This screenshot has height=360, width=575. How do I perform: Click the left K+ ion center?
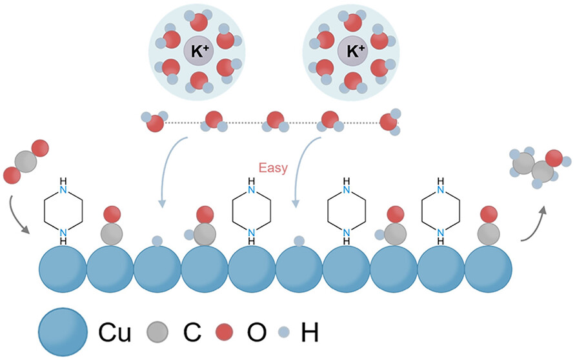(197, 51)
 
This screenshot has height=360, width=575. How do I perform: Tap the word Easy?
(272, 169)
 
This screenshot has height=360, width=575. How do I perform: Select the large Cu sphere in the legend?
(63, 333)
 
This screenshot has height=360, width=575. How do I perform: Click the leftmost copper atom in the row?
(63, 269)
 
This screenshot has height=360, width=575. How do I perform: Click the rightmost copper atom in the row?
(489, 269)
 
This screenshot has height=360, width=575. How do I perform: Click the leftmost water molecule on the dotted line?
(154, 121)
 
